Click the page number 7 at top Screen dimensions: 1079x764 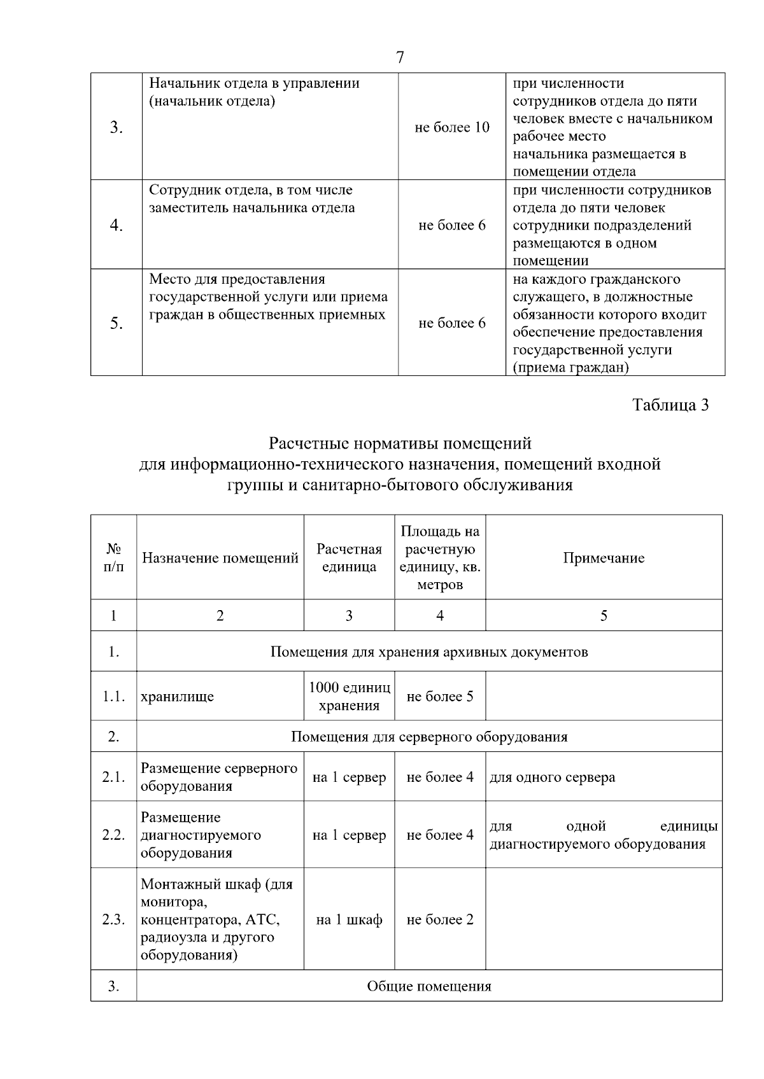pyautogui.click(x=400, y=58)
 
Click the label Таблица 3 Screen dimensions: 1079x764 pyautogui.click(x=670, y=405)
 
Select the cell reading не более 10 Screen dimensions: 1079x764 pyautogui.click(x=452, y=127)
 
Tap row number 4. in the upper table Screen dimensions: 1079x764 pyautogui.click(x=116, y=225)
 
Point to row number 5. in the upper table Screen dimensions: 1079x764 pyautogui.click(x=116, y=323)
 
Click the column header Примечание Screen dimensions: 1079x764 pyautogui.click(x=604, y=558)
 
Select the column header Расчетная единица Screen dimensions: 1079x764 pyautogui.click(x=349, y=558)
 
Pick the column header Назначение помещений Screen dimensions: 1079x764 pyautogui.click(x=220, y=558)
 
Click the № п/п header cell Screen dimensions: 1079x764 pyautogui.click(x=113, y=558)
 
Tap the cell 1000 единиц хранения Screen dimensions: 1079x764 pyautogui.click(x=349, y=696)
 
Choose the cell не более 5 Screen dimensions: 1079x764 pyautogui.click(x=440, y=696)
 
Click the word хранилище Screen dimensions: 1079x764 pyautogui.click(x=178, y=696)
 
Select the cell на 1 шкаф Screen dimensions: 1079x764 pyautogui.click(x=349, y=919)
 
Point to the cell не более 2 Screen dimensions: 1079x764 pyautogui.click(x=440, y=919)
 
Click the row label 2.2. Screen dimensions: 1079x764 pyautogui.click(x=113, y=835)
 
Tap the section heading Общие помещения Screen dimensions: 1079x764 pyautogui.click(x=429, y=986)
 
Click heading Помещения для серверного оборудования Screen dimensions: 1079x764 pyautogui.click(x=429, y=737)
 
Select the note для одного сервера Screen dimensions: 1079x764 pyautogui.click(x=552, y=777)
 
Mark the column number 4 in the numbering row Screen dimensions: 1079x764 pyautogui.click(x=440, y=615)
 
